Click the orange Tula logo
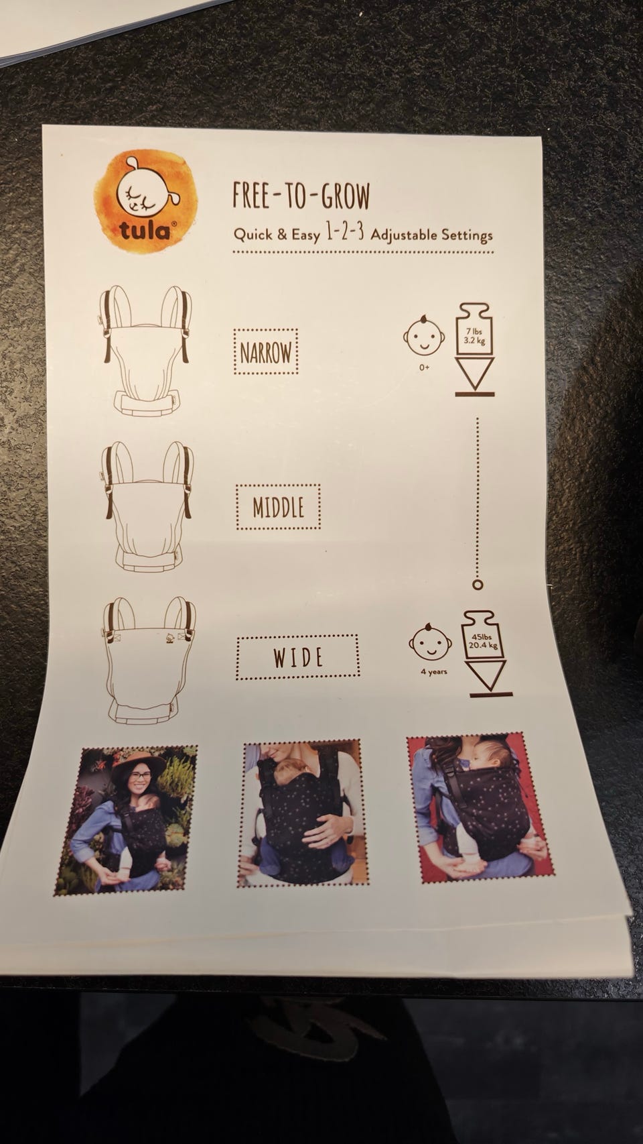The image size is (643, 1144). [x=146, y=201]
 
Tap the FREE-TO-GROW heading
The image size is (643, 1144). [x=301, y=196]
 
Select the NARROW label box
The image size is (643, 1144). [x=266, y=352]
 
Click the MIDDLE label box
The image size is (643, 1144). [x=278, y=507]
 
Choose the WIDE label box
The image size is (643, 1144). [x=298, y=657]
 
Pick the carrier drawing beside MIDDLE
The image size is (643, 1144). [x=148, y=506]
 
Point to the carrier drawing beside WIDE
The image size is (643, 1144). [x=149, y=661]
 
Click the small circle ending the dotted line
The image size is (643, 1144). [x=478, y=585]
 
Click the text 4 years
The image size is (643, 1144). [x=434, y=672]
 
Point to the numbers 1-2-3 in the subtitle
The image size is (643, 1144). [x=345, y=233]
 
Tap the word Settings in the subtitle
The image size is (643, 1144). [x=468, y=236]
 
